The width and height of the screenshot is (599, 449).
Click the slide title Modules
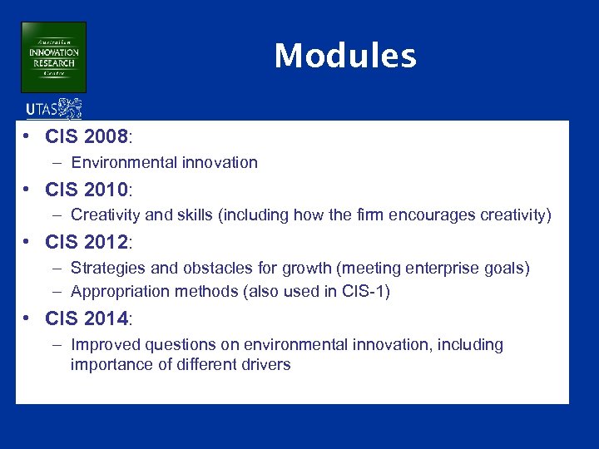click(x=345, y=57)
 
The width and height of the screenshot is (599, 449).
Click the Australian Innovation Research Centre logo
click(x=53, y=57)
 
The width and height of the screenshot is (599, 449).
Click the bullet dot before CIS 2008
click(x=28, y=136)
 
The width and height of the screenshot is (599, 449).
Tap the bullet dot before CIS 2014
click(x=28, y=318)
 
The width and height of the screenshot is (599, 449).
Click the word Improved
click(x=103, y=345)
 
